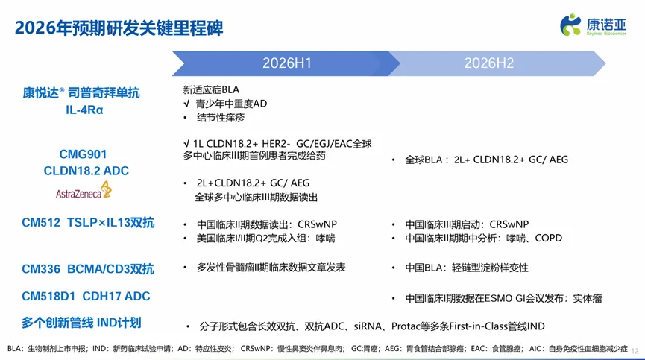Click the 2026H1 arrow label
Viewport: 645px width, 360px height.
pos(287,63)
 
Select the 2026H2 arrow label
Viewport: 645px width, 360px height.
pos(489,63)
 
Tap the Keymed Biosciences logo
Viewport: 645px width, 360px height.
pos(593,25)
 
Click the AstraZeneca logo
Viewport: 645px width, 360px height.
pos(84,190)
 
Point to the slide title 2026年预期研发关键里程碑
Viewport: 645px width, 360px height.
pos(119,28)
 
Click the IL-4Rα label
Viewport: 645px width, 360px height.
pos(84,110)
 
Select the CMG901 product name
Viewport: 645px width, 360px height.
pos(83,154)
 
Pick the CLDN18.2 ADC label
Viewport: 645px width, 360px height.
pos(86,171)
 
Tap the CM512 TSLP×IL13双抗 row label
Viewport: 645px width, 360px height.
pos(88,223)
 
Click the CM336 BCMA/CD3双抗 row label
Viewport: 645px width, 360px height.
pos(88,269)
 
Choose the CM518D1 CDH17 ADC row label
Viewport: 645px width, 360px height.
pos(86,297)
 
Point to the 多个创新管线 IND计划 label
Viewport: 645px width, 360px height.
pos(81,323)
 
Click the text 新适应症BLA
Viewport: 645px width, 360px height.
pos(211,89)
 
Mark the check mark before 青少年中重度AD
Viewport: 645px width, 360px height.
pos(186,104)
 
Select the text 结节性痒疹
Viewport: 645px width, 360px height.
pos(221,118)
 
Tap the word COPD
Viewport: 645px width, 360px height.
pos(548,239)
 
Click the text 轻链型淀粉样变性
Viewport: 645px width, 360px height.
pos(490,268)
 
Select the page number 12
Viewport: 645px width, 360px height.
pos(635,351)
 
